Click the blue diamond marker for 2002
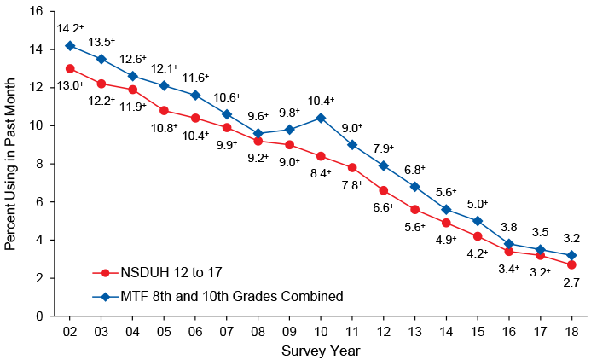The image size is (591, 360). click(x=69, y=45)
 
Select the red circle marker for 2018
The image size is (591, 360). click(x=570, y=264)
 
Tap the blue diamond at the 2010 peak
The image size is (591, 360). click(x=320, y=118)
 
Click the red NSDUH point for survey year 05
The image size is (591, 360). click(x=163, y=110)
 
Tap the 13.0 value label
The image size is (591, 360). click(x=70, y=85)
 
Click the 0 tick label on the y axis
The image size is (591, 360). click(x=38, y=316)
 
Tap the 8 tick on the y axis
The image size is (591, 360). click(x=38, y=164)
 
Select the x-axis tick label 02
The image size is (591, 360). click(x=69, y=330)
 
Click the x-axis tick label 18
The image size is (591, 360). click(x=570, y=330)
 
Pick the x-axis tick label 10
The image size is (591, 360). click(x=320, y=330)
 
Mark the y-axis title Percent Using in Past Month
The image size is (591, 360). click(x=10, y=164)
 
